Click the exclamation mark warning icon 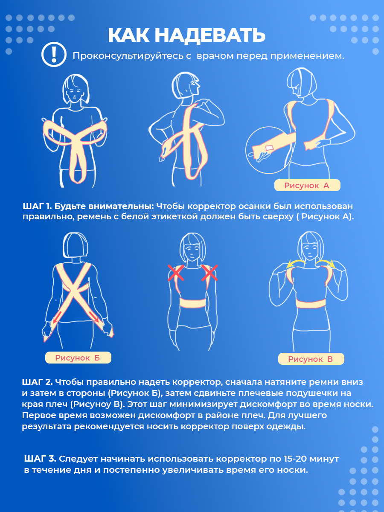point(54,54)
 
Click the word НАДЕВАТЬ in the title point(210,35)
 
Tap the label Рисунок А point(307,186)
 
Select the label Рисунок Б point(78,358)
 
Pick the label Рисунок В point(311,359)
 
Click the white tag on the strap point(270,148)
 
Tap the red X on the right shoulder point(209,273)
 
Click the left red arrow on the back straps point(58,317)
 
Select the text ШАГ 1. point(37,206)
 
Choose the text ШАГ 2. point(37,382)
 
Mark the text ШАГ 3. point(40,459)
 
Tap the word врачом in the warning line point(215,56)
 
